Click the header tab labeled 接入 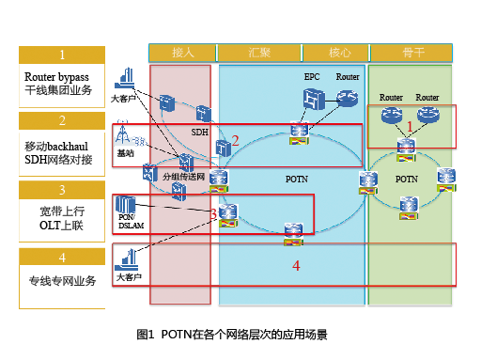(x=182, y=52)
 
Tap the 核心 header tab (x=340, y=52)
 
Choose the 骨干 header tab (x=411, y=52)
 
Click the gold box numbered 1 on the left (x=62, y=55)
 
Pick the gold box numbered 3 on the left (x=62, y=190)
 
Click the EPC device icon (x=312, y=97)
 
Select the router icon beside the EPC (x=348, y=97)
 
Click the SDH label (x=199, y=133)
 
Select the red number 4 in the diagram (x=296, y=266)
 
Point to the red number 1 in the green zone (x=409, y=125)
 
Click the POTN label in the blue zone (x=297, y=178)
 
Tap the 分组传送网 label (x=182, y=176)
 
